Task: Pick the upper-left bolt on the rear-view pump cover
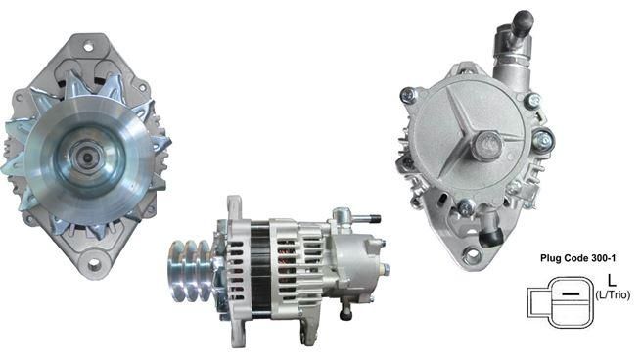click(x=408, y=95)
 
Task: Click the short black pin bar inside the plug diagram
click(x=566, y=293)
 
